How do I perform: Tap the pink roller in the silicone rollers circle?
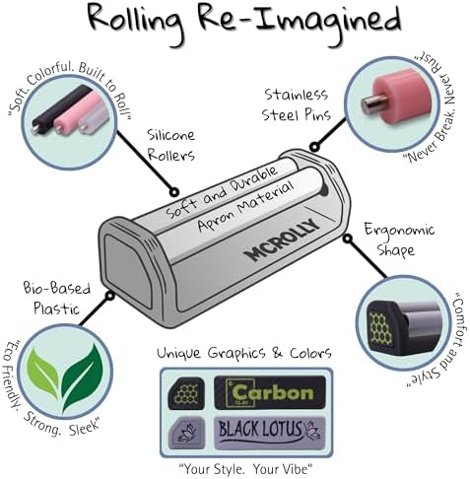coord(78,111)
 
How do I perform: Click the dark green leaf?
coord(83,376)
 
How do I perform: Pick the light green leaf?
coord(43,370)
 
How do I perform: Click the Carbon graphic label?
coord(270,392)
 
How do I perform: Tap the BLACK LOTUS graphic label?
coord(270,432)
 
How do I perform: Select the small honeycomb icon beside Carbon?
coord(186,392)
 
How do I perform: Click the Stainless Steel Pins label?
coord(296,104)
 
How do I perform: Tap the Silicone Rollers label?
coord(170,145)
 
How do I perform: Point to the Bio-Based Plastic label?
coord(57,299)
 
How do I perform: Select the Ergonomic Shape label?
coord(399,239)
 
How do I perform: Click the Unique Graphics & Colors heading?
coord(244,353)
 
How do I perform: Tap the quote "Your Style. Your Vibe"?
coord(244,468)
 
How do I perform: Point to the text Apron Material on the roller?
coord(245,206)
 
